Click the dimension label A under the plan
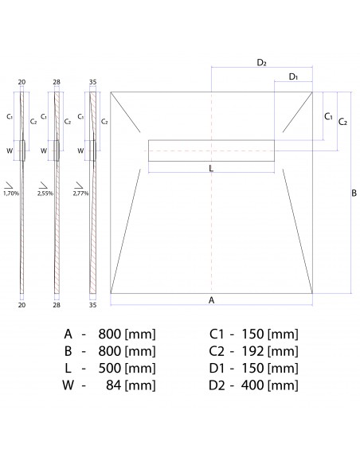click(210, 300)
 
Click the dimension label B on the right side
click(354, 193)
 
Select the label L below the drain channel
click(210, 168)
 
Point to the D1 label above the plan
click(293, 76)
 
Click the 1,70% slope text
click(11, 193)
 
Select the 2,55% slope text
click(45, 193)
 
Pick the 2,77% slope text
click(80, 193)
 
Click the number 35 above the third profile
click(92, 82)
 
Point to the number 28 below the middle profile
click(57, 304)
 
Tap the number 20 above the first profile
click(22, 82)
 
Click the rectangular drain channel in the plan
click(211, 150)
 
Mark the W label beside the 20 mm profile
click(10, 150)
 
